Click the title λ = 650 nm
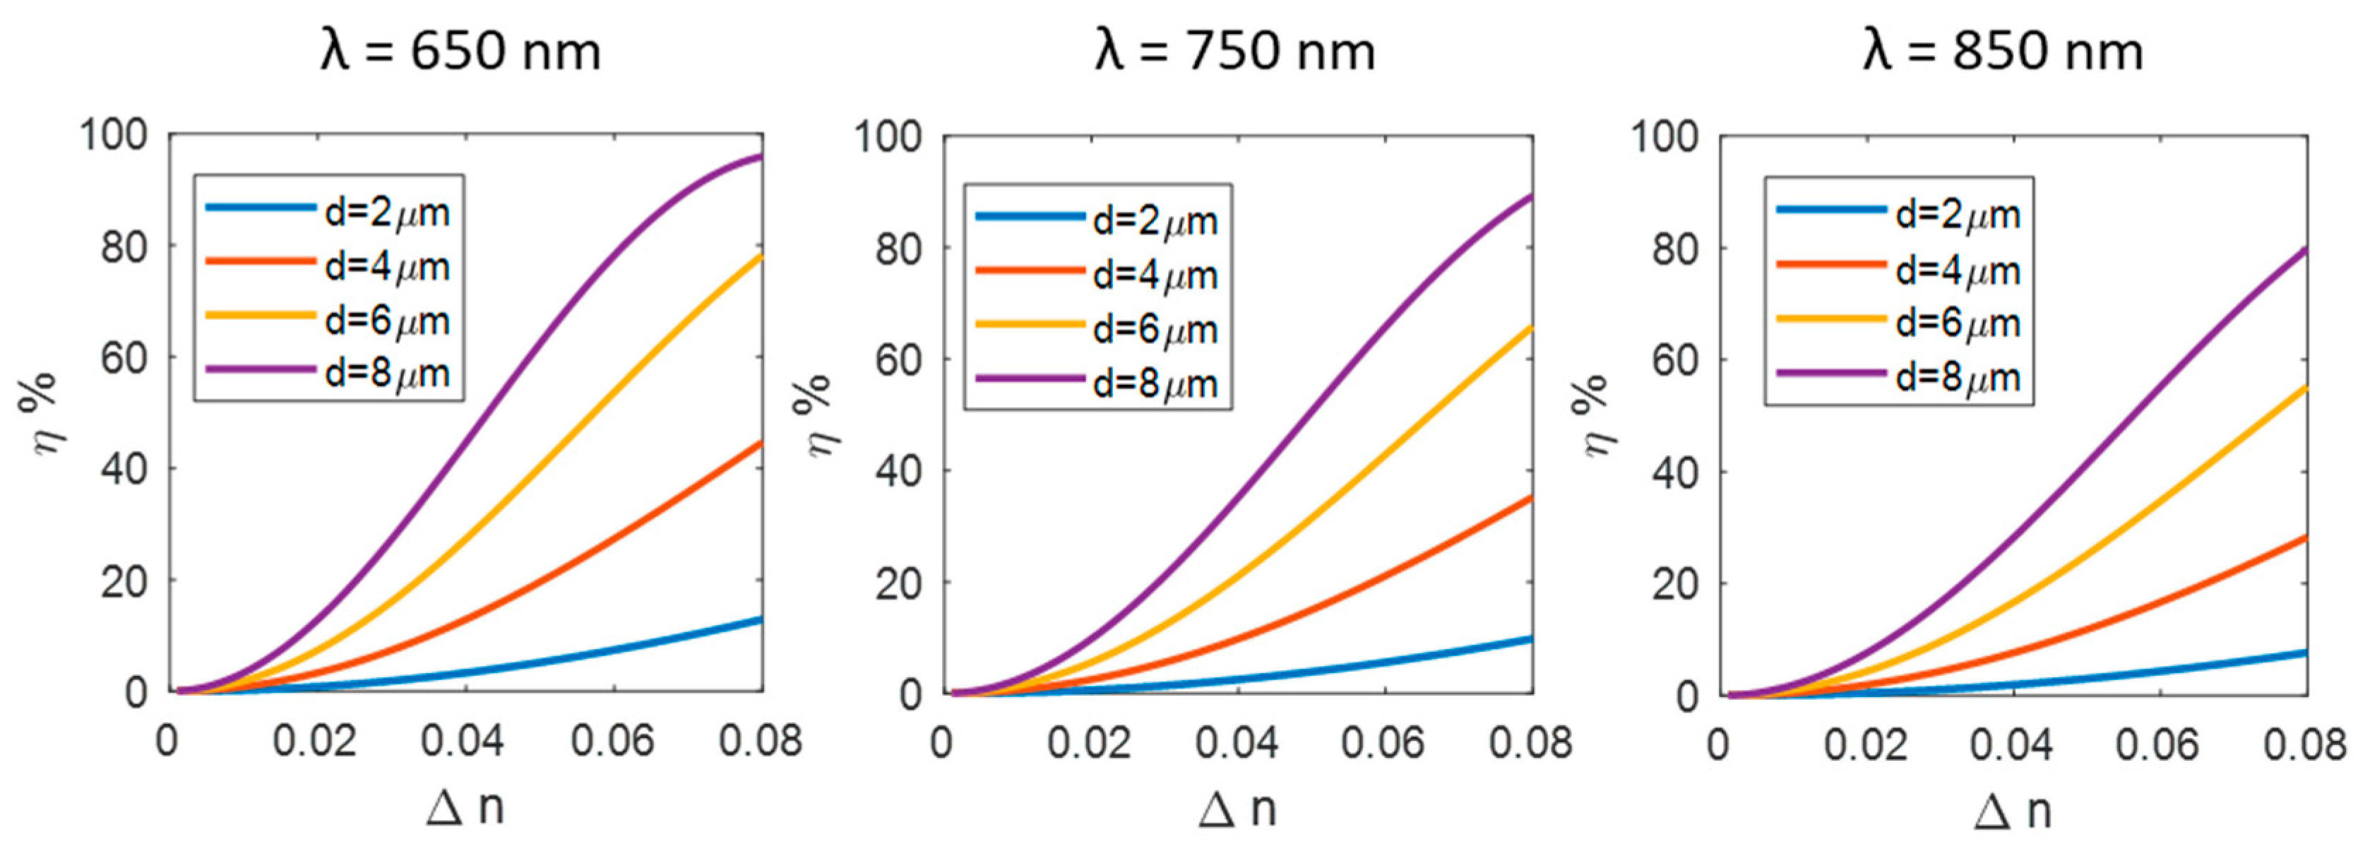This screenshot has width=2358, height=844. click(x=460, y=50)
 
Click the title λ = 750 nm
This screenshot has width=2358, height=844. click(x=1235, y=50)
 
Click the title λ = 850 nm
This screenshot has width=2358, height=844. click(x=2003, y=50)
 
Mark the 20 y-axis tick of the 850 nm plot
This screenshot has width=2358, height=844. click(x=1674, y=584)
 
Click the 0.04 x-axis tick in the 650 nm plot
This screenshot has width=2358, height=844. click(x=463, y=742)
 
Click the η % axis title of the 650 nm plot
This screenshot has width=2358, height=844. click(x=38, y=417)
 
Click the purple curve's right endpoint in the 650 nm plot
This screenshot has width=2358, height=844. click(x=761, y=157)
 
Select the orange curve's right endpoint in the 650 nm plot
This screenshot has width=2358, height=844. click(x=761, y=443)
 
